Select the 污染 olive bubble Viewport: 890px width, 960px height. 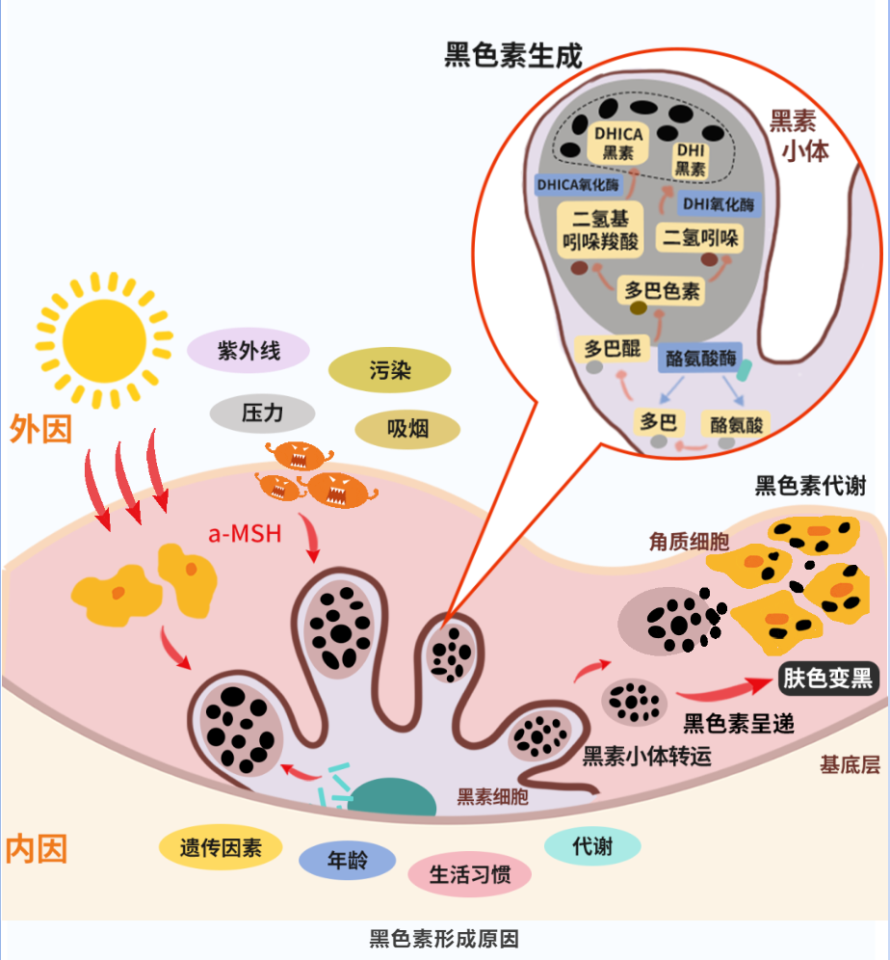tap(389, 370)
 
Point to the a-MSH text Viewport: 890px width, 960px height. tap(245, 533)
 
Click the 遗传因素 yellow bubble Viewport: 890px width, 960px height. tap(221, 847)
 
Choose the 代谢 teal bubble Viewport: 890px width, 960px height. tap(592, 846)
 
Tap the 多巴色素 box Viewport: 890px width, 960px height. tap(662, 290)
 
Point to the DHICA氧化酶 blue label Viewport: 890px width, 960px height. tap(577, 183)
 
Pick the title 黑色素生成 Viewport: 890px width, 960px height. tap(513, 55)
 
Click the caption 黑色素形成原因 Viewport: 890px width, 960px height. tap(444, 939)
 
